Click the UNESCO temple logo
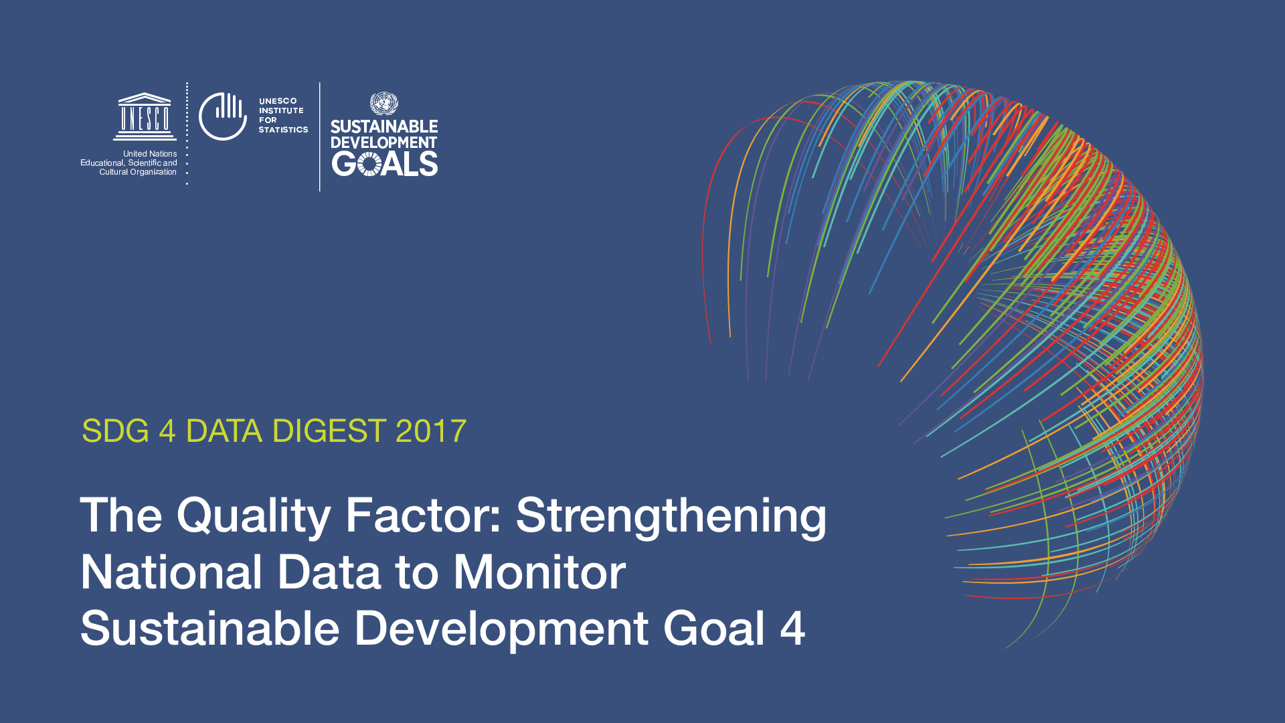point(145,116)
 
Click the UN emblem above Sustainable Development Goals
point(384,104)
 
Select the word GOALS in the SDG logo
point(385,164)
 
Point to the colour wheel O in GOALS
point(369,164)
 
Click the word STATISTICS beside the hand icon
point(284,130)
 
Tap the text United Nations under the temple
point(150,154)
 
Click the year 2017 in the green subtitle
point(431,431)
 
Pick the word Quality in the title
point(254,517)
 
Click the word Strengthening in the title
point(671,517)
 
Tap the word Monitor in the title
point(539,572)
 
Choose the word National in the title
point(171,572)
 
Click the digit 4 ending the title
point(792,629)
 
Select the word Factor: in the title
point(423,515)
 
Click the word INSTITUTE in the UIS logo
point(281,110)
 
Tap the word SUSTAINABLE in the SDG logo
point(384,127)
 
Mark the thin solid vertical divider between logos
point(320,137)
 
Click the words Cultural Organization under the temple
point(138,172)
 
